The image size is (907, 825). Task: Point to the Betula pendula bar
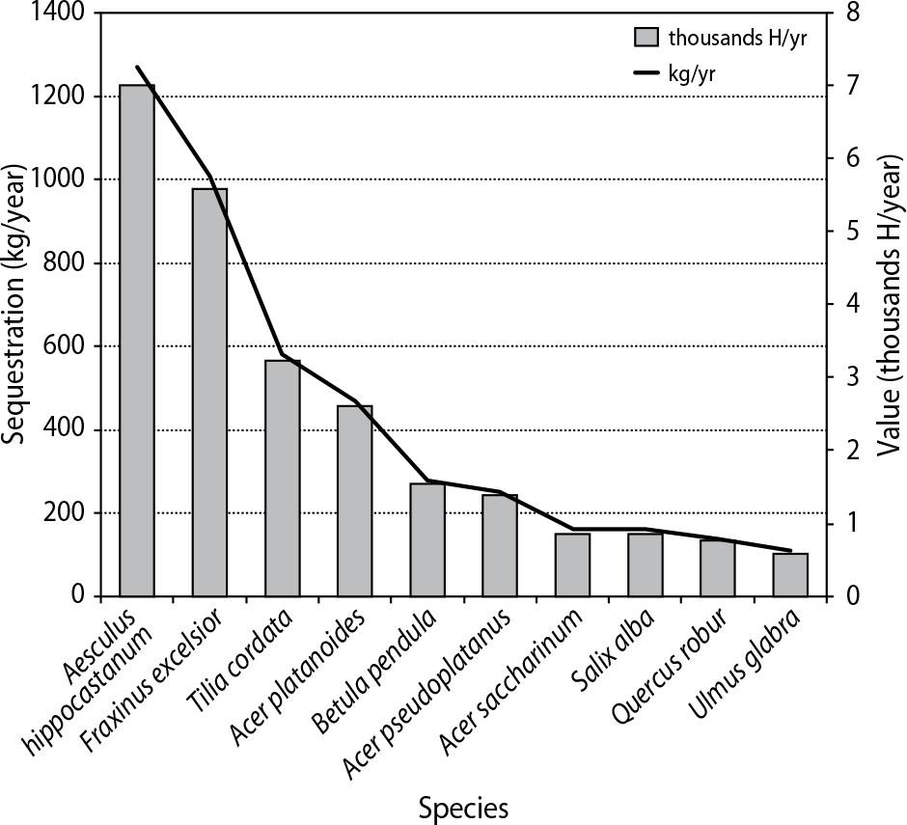click(x=427, y=539)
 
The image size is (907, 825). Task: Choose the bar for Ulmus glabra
click(x=790, y=574)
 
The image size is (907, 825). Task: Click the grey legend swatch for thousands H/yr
click(x=646, y=39)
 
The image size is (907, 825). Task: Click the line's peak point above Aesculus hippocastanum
click(x=137, y=68)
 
